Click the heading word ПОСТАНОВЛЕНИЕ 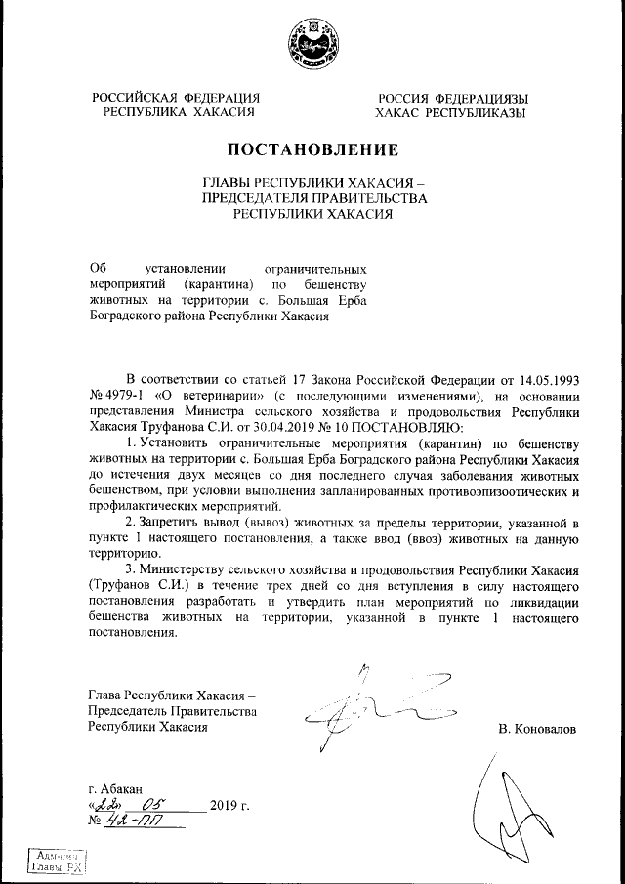point(312,150)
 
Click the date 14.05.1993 point(547,378)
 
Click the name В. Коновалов point(536,729)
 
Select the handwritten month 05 point(156,804)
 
